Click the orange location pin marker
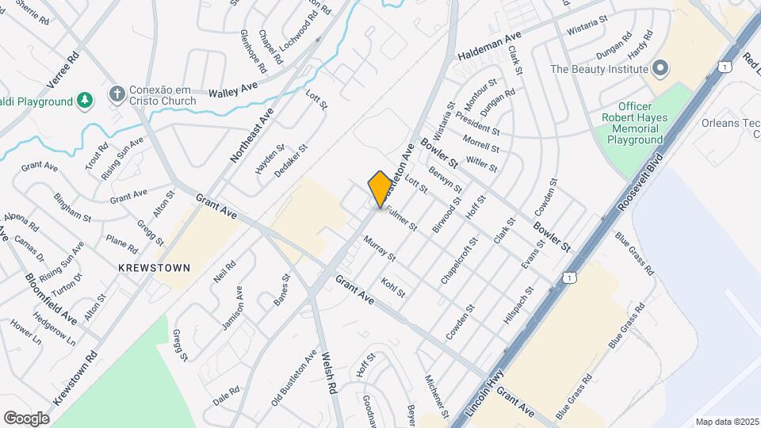pos(380,189)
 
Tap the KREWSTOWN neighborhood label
pos(154,268)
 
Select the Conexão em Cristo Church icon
pos(117,95)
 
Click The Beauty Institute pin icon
pos(659,69)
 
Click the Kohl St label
pos(393,287)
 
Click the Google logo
pos(26,418)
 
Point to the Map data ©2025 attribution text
pos(727,422)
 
